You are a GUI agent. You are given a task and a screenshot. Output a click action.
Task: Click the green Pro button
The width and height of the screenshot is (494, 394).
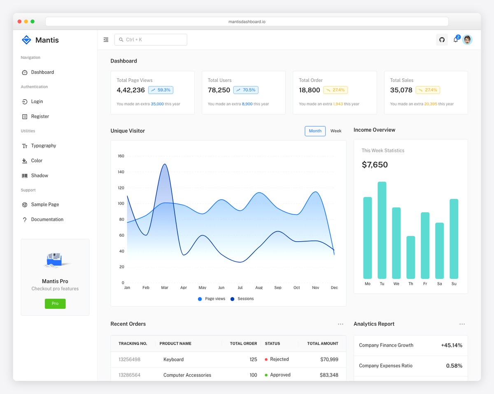(x=55, y=303)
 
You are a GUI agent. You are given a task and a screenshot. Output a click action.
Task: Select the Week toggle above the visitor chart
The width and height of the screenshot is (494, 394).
(x=336, y=131)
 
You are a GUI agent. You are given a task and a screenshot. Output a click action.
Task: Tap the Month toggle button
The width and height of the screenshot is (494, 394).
(x=315, y=131)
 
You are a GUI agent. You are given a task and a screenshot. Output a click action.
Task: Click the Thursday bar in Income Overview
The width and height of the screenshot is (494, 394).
(x=410, y=257)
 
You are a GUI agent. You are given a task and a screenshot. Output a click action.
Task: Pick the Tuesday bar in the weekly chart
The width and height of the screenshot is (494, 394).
(x=382, y=230)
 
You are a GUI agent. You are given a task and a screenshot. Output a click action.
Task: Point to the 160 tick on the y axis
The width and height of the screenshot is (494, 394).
(x=121, y=156)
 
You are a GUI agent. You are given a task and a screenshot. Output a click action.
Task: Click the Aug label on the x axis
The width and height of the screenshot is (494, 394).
(x=259, y=288)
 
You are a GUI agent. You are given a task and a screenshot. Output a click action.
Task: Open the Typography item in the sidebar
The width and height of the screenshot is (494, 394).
(x=43, y=146)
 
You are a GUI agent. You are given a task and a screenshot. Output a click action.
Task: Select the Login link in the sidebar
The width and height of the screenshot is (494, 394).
(x=37, y=102)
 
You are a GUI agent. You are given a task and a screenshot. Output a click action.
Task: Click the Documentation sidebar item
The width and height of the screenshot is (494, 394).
(x=47, y=219)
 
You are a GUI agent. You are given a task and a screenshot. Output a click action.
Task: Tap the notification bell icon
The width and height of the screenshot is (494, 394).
(x=455, y=40)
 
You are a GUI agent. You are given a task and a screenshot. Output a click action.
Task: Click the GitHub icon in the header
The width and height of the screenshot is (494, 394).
(x=442, y=40)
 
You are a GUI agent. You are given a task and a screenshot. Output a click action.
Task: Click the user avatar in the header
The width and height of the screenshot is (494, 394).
(x=467, y=40)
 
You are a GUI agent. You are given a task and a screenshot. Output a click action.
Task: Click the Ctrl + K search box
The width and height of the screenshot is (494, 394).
(x=151, y=40)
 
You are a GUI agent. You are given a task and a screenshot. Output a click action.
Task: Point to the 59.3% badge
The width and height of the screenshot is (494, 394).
(x=161, y=90)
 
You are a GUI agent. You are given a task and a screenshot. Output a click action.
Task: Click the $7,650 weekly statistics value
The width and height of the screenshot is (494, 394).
(x=375, y=165)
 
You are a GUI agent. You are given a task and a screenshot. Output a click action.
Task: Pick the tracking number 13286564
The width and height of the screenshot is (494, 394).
(x=129, y=375)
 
